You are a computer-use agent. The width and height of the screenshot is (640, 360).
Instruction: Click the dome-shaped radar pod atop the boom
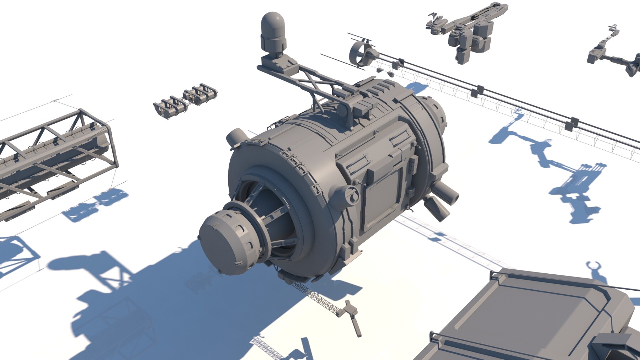[273, 31]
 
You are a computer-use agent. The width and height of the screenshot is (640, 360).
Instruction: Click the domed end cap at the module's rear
[436, 114]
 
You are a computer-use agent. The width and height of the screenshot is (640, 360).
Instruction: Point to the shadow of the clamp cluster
[96, 206]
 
